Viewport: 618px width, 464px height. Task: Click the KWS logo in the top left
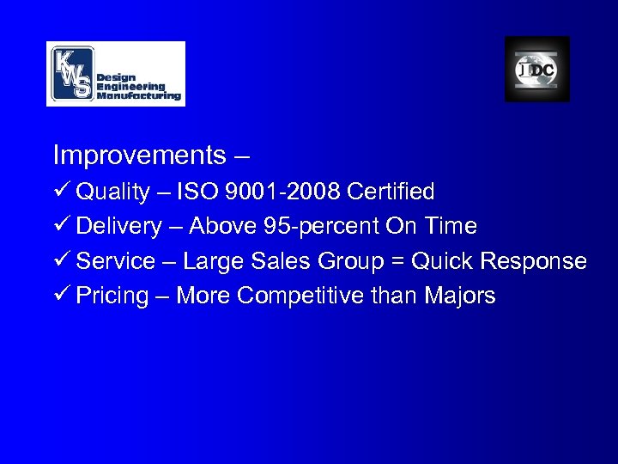click(x=115, y=74)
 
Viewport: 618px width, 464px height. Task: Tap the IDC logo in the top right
click(x=536, y=70)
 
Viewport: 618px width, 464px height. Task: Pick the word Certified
click(x=389, y=191)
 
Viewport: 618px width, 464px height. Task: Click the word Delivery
click(x=118, y=226)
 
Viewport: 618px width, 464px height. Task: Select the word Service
click(x=115, y=261)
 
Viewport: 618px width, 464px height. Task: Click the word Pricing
click(x=112, y=296)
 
